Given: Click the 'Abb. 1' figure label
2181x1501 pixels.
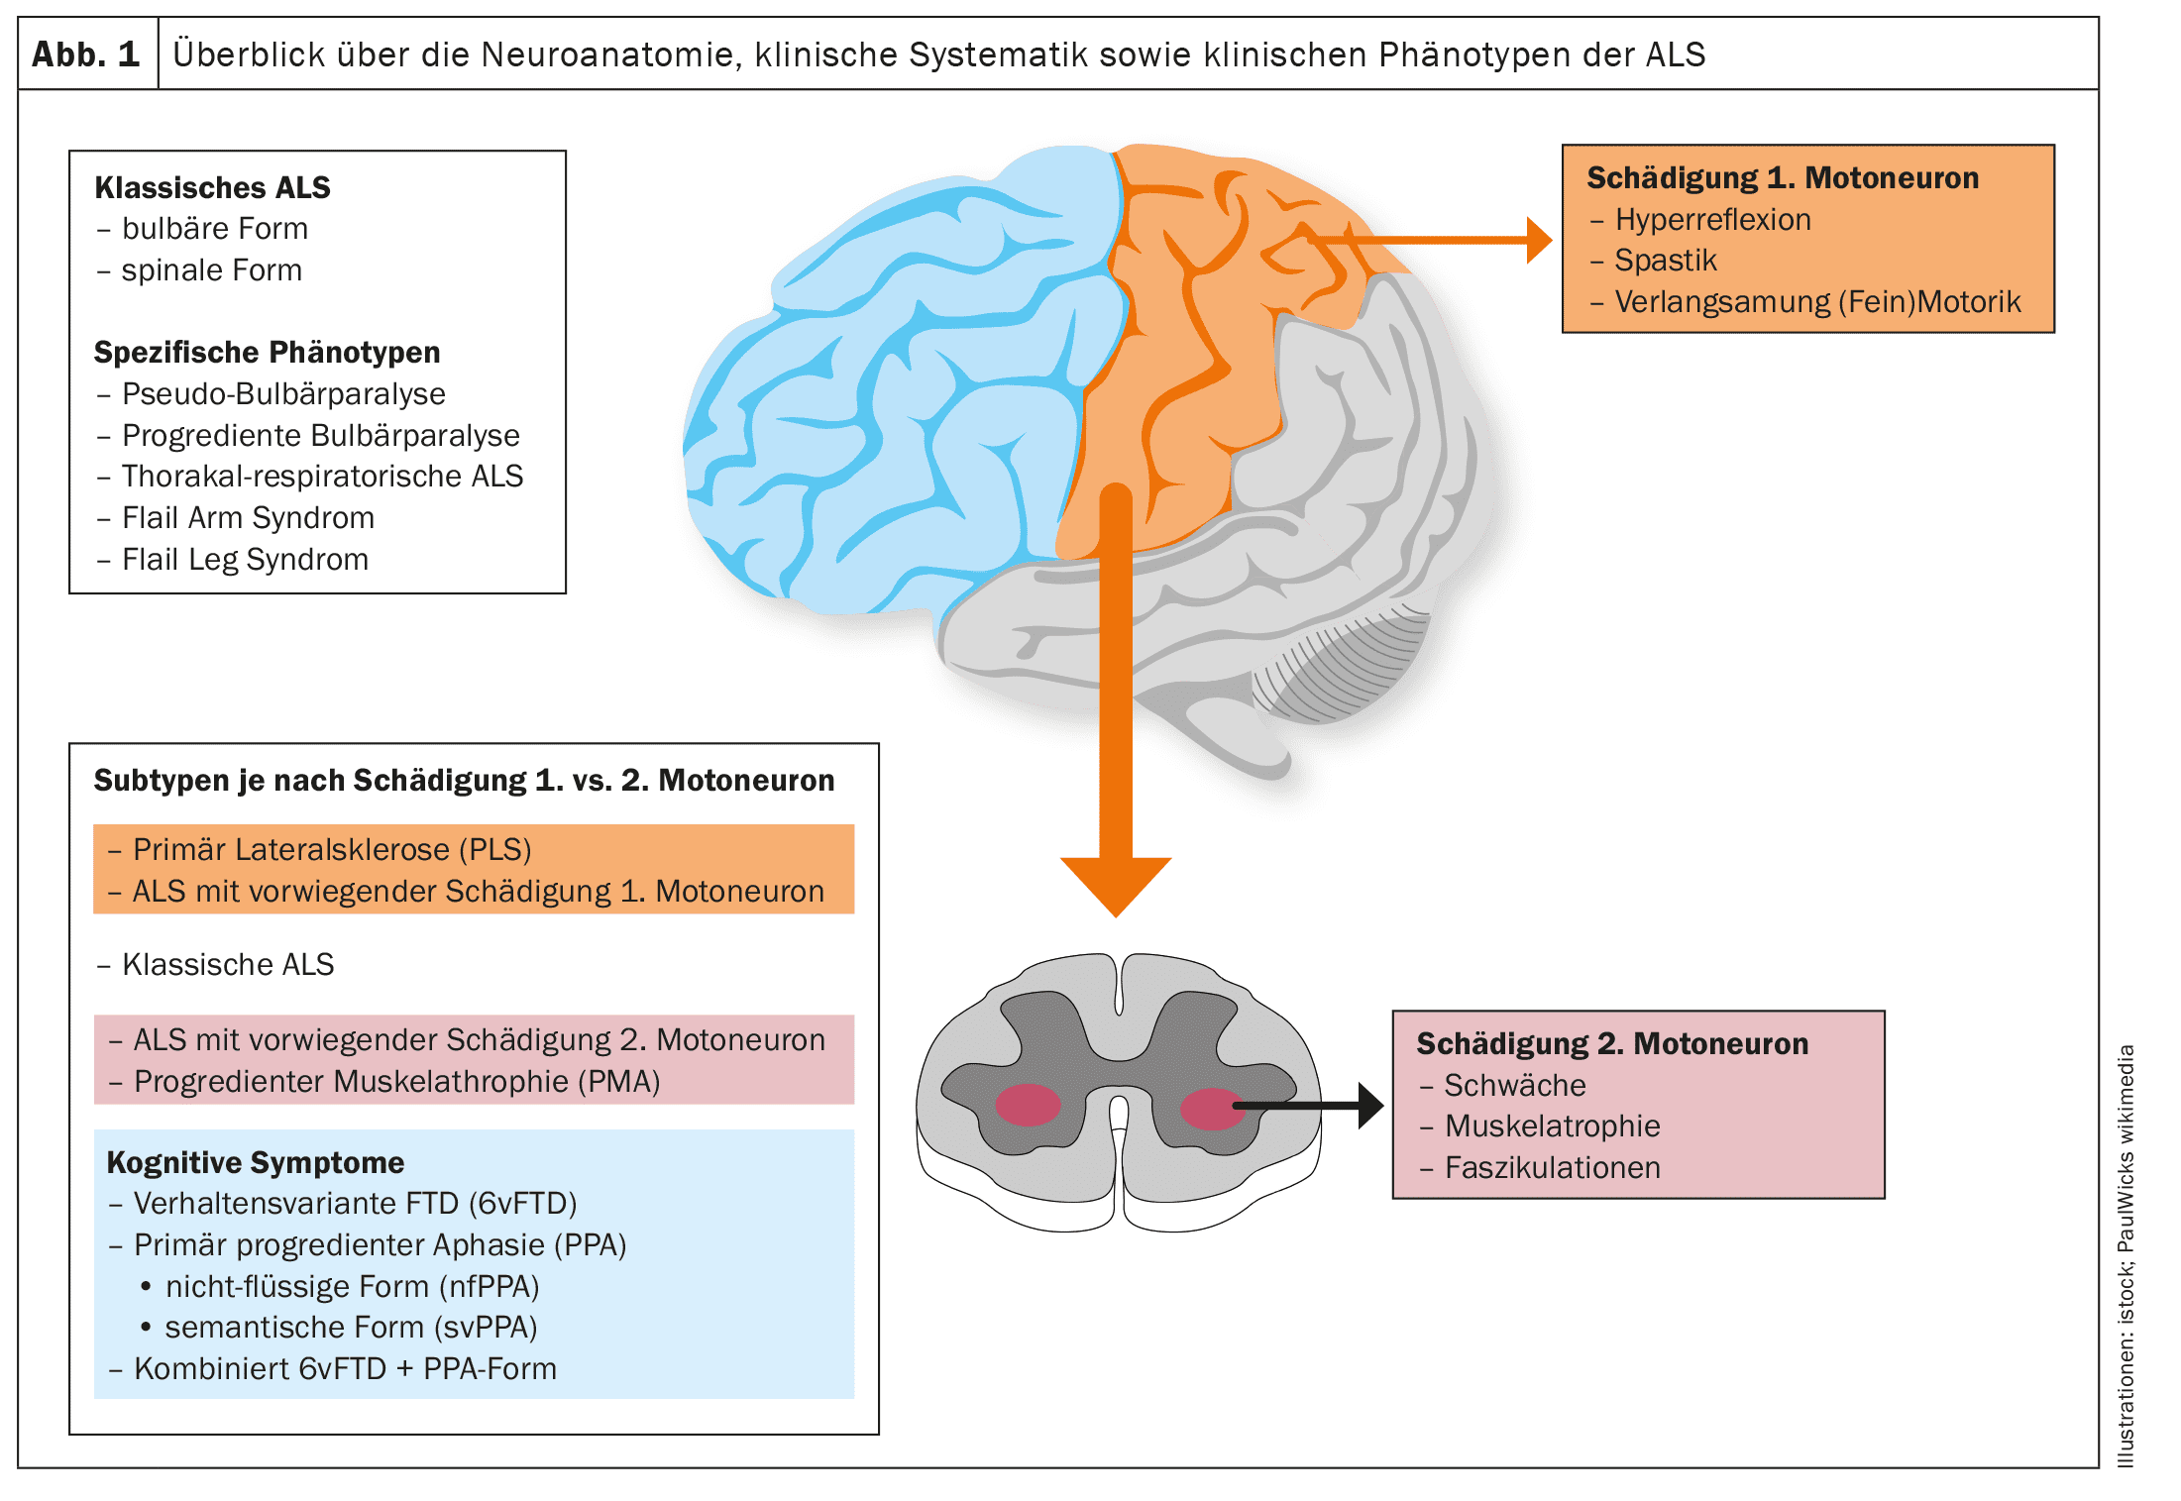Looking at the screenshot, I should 86,54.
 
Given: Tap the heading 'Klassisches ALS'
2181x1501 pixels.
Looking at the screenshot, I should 212,187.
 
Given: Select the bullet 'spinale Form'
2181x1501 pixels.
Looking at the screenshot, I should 211,270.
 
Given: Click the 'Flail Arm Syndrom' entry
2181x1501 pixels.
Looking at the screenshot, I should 248,518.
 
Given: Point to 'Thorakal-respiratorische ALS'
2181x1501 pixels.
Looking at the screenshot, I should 322,477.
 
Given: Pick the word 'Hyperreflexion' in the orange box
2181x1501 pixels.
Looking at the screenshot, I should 1712,220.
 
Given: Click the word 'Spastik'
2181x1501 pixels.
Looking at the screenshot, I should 1665,261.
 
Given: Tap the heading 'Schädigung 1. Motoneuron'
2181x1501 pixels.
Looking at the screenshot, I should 1782,178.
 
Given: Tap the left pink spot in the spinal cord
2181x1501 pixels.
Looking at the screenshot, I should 1028,1106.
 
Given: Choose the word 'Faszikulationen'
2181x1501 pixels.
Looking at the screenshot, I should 1552,1168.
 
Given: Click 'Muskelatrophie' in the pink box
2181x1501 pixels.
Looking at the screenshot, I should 1552,1126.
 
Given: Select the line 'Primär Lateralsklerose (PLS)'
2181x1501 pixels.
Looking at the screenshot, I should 332,850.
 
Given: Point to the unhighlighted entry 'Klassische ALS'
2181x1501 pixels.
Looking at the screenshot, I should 228,965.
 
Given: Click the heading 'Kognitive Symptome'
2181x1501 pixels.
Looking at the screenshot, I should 256,1162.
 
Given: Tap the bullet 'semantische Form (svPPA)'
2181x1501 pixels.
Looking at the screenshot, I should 351,1328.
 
